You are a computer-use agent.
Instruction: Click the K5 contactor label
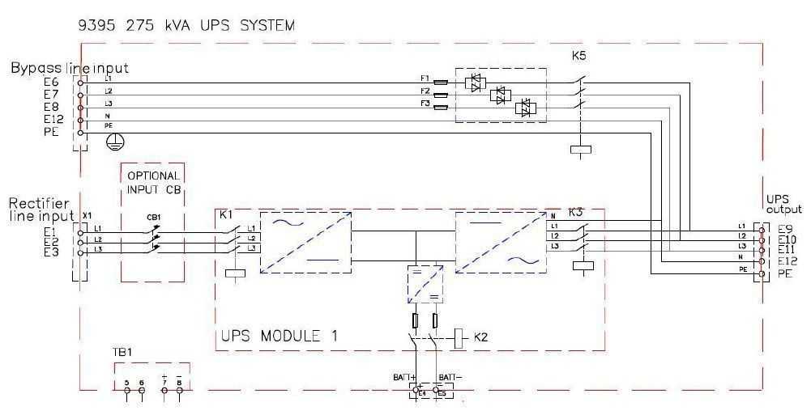click(x=579, y=57)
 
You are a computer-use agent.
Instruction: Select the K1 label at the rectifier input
click(x=226, y=215)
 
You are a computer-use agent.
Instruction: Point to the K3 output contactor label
click(x=576, y=213)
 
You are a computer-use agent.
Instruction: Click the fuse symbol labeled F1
click(x=442, y=82)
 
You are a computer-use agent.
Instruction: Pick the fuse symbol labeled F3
click(x=442, y=105)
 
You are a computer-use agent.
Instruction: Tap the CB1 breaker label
click(x=152, y=217)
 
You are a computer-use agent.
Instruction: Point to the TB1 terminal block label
click(x=122, y=354)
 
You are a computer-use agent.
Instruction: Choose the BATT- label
click(x=449, y=377)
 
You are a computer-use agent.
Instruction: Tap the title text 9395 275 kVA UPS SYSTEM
click(x=186, y=25)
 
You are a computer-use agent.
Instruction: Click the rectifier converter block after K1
click(x=305, y=240)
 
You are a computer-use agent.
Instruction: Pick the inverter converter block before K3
click(x=500, y=240)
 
